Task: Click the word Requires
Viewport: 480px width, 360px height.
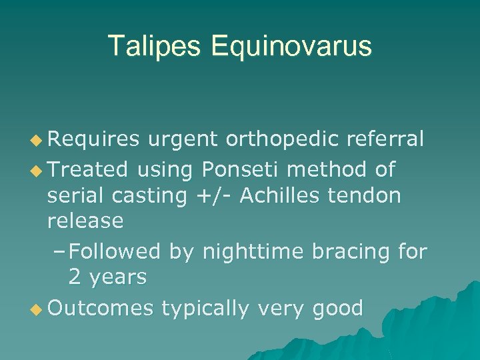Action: click(93, 139)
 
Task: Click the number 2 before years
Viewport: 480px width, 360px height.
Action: click(75, 276)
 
